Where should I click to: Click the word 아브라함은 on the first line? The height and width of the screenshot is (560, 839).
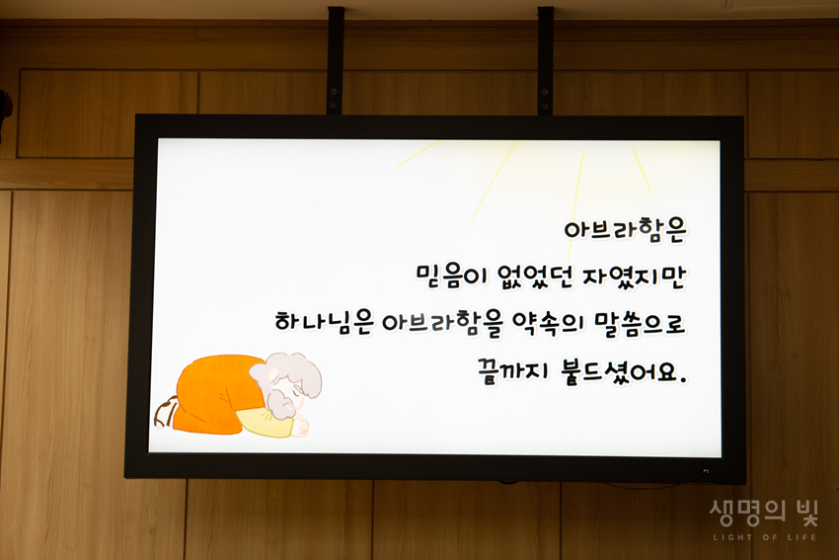click(x=625, y=231)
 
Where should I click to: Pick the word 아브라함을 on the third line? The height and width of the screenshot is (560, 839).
click(x=442, y=324)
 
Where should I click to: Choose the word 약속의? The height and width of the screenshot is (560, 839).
click(x=548, y=324)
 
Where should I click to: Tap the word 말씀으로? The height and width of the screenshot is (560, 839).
click(x=640, y=324)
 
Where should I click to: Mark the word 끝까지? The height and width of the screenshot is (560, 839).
click(x=513, y=370)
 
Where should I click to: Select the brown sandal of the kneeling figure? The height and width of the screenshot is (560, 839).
click(x=165, y=411)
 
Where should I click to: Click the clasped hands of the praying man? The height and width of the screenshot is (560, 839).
click(x=302, y=426)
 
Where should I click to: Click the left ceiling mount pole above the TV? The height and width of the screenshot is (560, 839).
click(x=336, y=60)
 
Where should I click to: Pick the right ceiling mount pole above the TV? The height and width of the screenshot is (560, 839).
click(x=545, y=60)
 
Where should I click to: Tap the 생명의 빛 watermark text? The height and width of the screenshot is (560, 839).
click(x=764, y=513)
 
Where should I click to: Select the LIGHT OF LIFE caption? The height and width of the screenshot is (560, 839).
click(x=765, y=537)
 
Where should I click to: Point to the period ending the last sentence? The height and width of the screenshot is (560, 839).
click(x=682, y=380)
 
